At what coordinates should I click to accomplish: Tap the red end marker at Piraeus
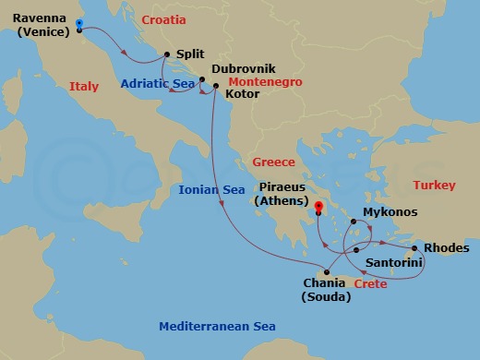(x=318, y=207)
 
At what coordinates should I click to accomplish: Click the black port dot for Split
(x=167, y=54)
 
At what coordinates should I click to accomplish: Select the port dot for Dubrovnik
(x=200, y=78)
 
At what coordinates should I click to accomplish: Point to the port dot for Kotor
(x=216, y=88)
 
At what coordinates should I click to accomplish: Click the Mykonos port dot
(x=352, y=222)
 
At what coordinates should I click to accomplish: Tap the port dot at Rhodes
(x=414, y=247)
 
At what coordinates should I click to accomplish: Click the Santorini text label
(x=395, y=264)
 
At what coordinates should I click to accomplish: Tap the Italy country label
(x=84, y=86)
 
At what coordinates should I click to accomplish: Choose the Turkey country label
(x=434, y=186)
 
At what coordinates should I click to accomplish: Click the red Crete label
(x=369, y=284)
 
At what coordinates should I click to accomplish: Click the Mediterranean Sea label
(x=217, y=327)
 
